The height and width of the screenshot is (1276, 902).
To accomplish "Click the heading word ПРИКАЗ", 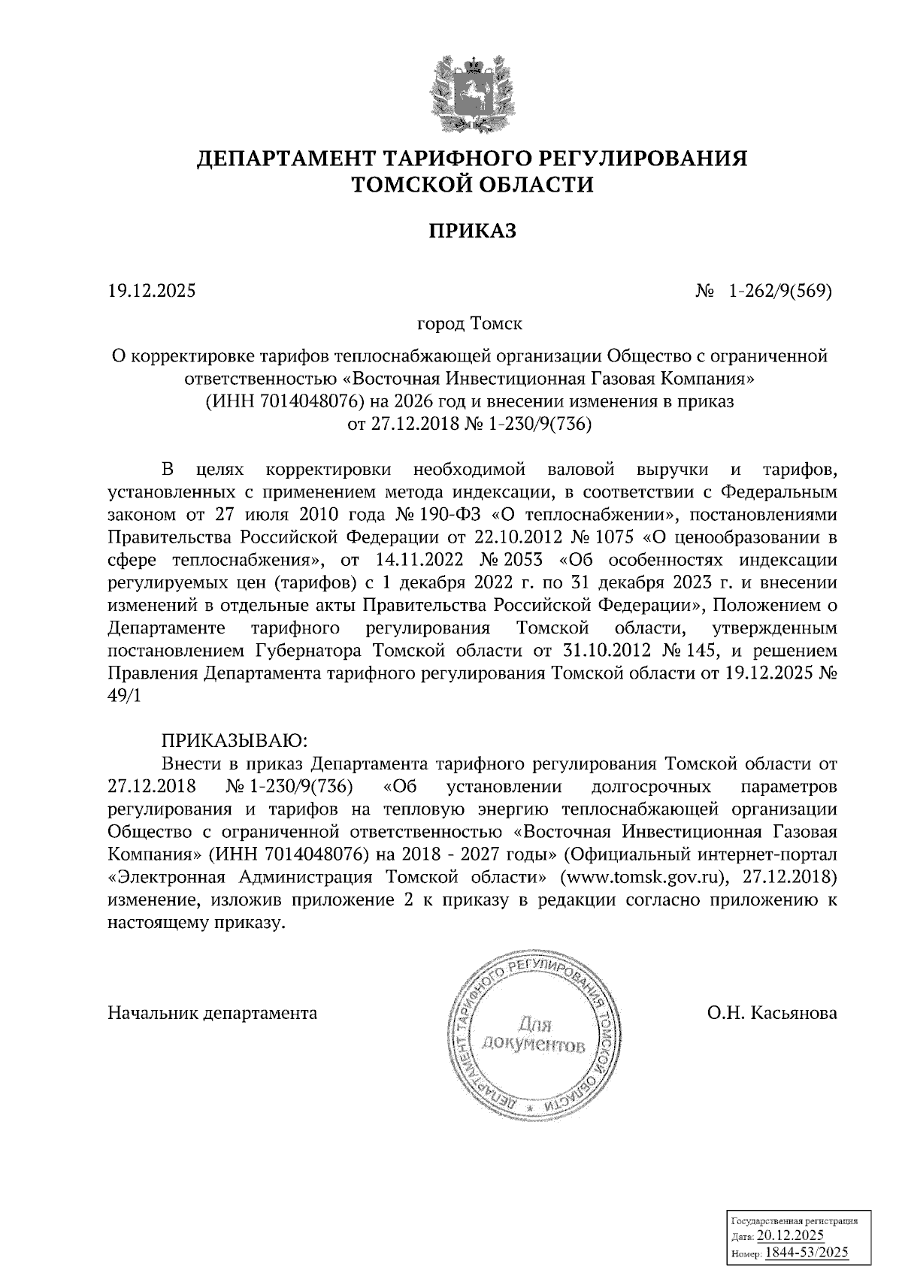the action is click(473, 231).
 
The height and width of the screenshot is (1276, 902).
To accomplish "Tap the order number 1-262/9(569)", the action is click(779, 289).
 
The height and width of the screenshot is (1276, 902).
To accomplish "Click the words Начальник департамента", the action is click(213, 1013).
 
